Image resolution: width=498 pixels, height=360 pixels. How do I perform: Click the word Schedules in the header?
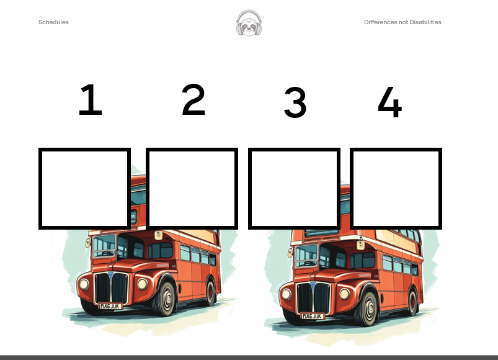[53, 22]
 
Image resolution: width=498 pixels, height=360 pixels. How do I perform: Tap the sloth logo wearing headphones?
[249, 23]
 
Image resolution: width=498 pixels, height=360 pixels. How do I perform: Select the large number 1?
[91, 100]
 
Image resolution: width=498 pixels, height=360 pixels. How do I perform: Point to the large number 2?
[193, 99]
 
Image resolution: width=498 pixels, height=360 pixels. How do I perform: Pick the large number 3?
[295, 102]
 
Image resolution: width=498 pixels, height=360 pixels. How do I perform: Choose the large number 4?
[390, 102]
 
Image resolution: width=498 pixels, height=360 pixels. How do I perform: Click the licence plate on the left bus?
[110, 306]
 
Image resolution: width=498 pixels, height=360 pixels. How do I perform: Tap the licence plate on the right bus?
[312, 316]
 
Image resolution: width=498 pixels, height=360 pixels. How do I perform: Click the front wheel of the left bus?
[165, 299]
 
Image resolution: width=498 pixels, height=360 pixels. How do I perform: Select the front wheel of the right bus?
[367, 308]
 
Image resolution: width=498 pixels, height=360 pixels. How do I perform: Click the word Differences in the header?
[381, 22]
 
